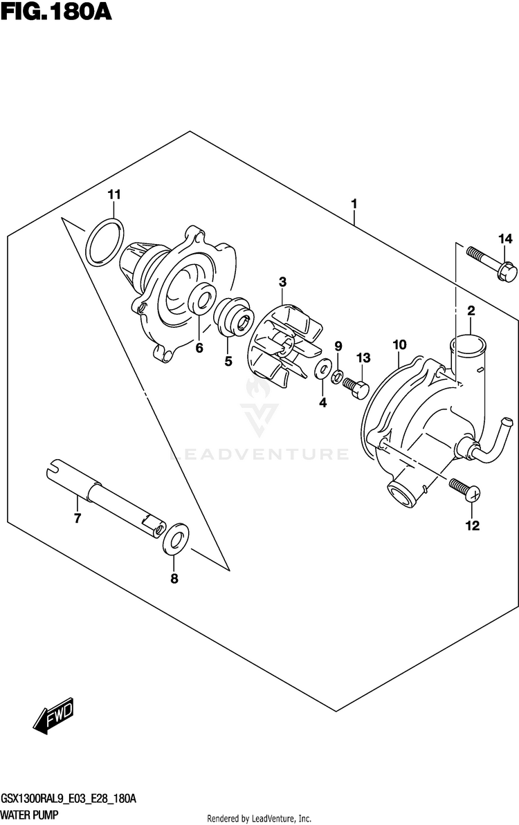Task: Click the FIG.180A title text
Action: click(x=55, y=12)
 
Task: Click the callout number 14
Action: click(x=504, y=239)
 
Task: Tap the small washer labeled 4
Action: click(x=322, y=371)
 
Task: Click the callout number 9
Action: click(x=338, y=346)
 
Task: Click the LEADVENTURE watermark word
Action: click(x=259, y=454)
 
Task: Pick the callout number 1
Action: click(x=354, y=204)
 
